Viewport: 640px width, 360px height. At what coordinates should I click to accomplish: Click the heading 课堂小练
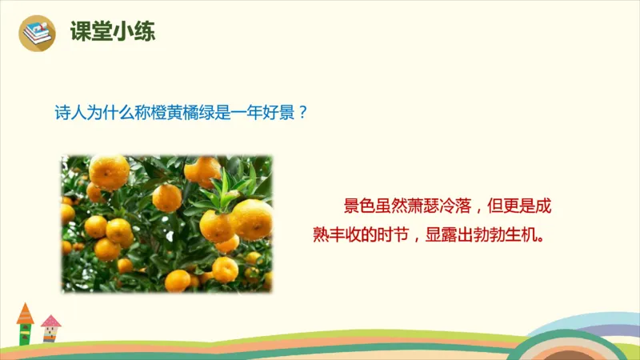click(x=112, y=31)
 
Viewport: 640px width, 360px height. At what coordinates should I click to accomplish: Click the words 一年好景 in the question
click(x=267, y=113)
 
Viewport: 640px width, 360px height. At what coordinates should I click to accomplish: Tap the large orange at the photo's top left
click(x=109, y=171)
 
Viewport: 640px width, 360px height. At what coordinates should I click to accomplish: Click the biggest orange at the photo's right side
click(x=252, y=218)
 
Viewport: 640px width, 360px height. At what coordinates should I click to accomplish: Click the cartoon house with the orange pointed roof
click(x=26, y=323)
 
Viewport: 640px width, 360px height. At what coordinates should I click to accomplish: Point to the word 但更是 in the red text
click(x=510, y=207)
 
